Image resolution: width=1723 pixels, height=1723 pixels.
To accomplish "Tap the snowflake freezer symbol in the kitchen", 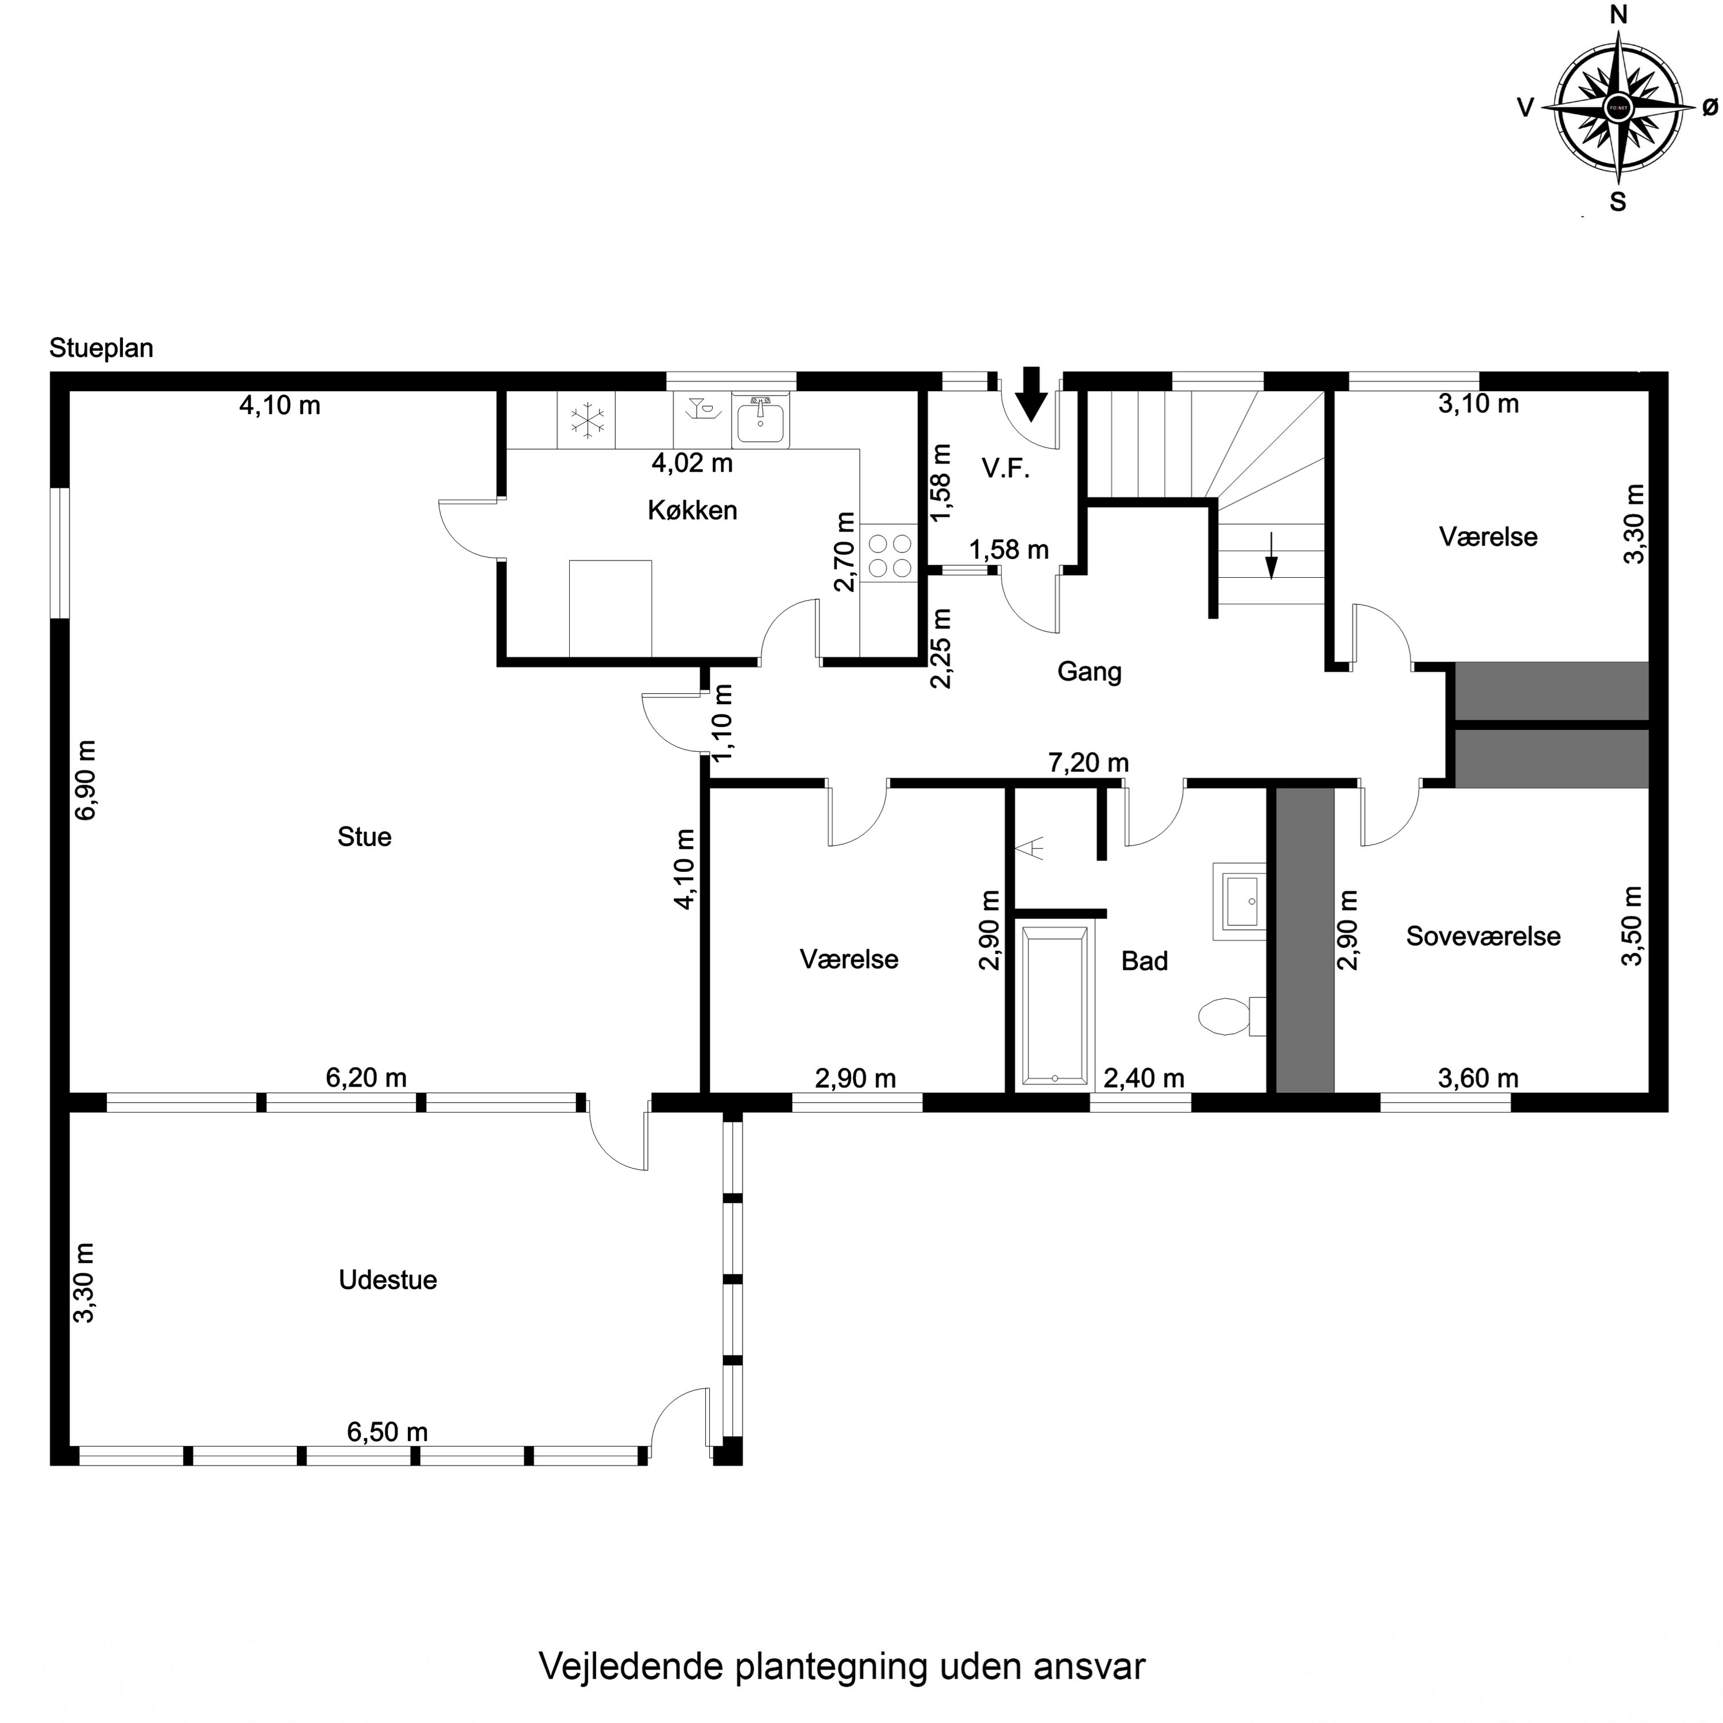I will point(587,421).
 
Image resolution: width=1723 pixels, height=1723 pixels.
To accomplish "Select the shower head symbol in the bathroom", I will point(1034,847).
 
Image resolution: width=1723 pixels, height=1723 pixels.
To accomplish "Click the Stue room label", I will point(364,837).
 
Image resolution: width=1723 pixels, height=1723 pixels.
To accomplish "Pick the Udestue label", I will point(387,1280).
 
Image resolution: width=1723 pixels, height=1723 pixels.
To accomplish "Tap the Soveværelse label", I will point(1482,936).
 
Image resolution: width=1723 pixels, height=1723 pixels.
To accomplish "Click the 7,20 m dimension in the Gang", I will point(1088,763).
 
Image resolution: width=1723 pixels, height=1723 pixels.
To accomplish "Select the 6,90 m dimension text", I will point(87,779).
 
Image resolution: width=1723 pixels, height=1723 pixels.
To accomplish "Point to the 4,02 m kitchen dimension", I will point(692,463).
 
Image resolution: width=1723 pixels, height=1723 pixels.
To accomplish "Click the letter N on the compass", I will point(1618,39).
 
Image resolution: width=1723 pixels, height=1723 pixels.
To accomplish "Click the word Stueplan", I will point(101,348).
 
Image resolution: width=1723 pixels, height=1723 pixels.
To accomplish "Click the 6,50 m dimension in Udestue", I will point(387,1432).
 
